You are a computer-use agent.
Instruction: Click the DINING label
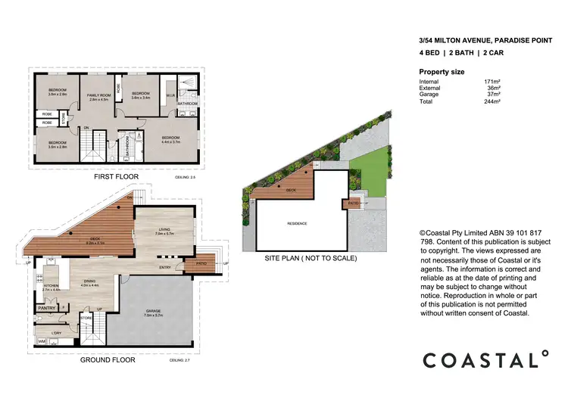click(89, 282)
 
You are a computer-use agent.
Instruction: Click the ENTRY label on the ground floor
click(164, 267)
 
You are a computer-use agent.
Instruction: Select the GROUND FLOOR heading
click(107, 361)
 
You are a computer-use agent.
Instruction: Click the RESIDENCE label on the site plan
click(297, 224)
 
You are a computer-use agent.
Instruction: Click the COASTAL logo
click(485, 359)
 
